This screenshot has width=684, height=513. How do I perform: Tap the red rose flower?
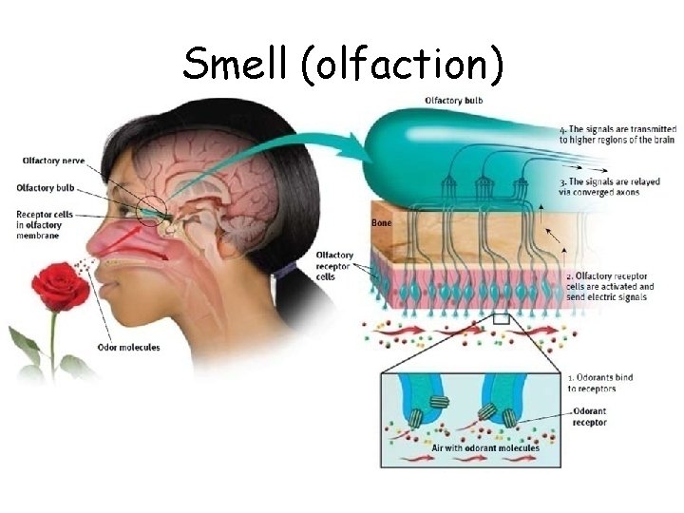pyautogui.click(x=60, y=287)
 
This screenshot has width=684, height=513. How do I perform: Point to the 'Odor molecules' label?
pyautogui.click(x=129, y=348)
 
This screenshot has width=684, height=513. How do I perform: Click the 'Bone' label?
pyautogui.click(x=380, y=222)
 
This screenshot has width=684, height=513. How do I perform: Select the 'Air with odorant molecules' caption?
pyautogui.click(x=485, y=447)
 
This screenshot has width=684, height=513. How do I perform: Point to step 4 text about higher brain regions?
pyautogui.click(x=617, y=134)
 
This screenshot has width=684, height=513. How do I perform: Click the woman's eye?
pyautogui.click(x=126, y=206)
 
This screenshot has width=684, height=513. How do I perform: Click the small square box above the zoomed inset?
pyautogui.click(x=501, y=319)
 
